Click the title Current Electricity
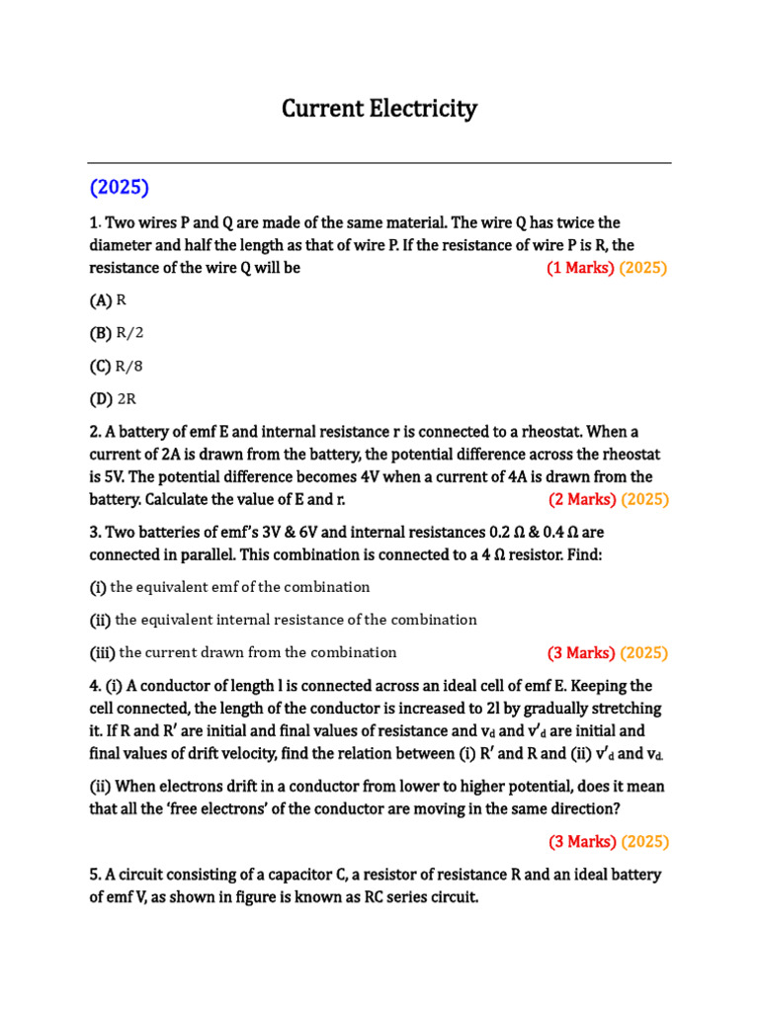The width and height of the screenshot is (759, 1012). point(379,109)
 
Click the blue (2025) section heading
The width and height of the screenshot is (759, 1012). point(119,187)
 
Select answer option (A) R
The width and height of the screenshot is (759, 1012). point(109,299)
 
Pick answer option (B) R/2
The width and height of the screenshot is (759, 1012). point(116,333)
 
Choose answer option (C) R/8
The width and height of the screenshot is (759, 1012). point(116,367)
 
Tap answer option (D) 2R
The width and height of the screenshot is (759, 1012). point(114,399)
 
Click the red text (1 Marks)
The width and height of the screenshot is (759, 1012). point(580,268)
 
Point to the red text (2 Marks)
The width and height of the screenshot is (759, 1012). point(582,499)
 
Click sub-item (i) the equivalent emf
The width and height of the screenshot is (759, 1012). point(229,587)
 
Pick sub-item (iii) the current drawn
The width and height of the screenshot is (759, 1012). point(243,652)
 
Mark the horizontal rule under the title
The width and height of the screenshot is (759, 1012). point(379,163)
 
